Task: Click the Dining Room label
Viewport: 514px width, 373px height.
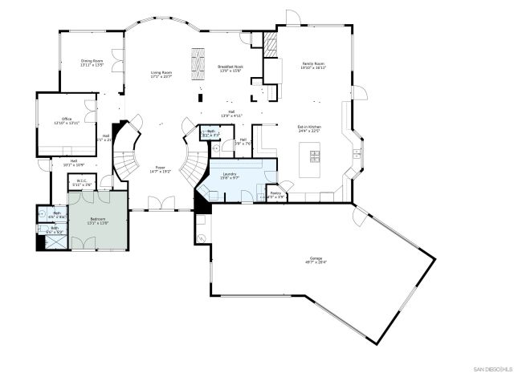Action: pos(92,61)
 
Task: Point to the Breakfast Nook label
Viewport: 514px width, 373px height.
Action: pos(230,67)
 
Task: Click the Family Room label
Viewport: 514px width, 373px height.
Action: pos(313,63)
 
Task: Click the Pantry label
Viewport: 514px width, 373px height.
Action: pos(275,193)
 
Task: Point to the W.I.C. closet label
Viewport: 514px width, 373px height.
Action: pos(82,180)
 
